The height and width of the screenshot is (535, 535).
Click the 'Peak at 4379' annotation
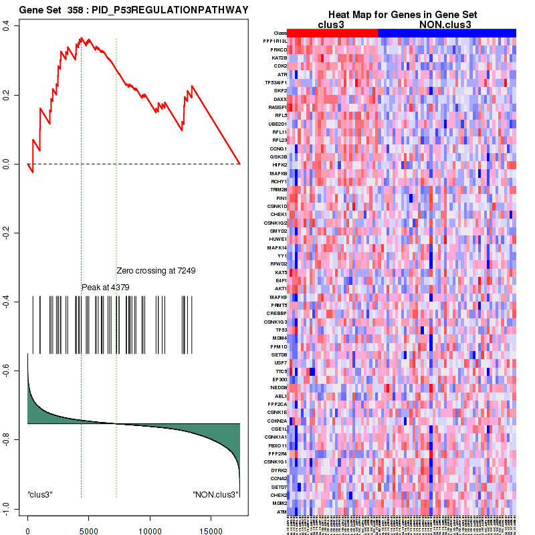point(105,287)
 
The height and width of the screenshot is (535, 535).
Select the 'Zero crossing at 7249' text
point(165,271)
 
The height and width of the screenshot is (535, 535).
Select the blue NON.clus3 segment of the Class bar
point(447,33)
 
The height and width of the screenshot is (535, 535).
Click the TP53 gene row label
point(281,330)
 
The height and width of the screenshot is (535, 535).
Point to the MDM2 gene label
point(280,503)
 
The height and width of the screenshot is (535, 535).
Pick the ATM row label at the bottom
point(282,511)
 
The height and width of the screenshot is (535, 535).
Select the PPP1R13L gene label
point(275,41)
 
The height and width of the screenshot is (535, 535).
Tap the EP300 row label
point(280,379)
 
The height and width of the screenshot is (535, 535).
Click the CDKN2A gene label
point(278,421)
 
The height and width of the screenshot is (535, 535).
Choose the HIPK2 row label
point(280,165)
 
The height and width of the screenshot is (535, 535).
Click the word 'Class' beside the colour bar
point(281,33)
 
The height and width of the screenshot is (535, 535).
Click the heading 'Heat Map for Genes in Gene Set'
point(402,15)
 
